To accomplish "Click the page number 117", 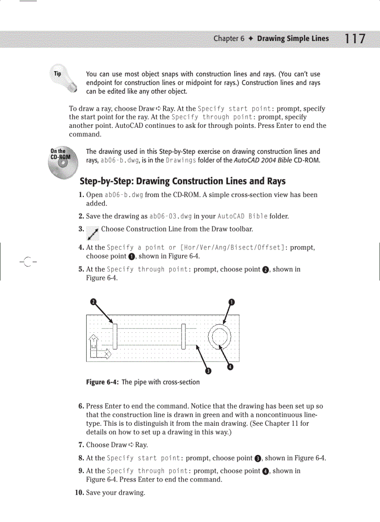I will pyautogui.click(x=353, y=39).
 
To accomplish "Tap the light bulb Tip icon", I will pyautogui.click(x=61, y=79).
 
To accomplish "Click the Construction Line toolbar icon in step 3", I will pyautogui.click(x=93, y=233).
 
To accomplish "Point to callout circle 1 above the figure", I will pyautogui.click(x=231, y=302).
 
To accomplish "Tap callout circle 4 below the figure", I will pyautogui.click(x=230, y=367).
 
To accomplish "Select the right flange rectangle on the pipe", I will pyautogui.click(x=184, y=337).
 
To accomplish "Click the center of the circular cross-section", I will pyautogui.click(x=219, y=337).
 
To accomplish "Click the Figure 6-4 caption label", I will pyautogui.click(x=102, y=382).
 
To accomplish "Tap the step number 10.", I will pyautogui.click(x=80, y=492).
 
